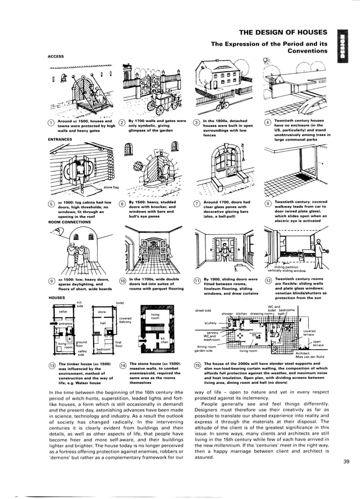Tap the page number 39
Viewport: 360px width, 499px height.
(346, 462)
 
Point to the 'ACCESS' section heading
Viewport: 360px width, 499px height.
(56, 56)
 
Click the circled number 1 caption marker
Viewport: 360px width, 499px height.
(51, 123)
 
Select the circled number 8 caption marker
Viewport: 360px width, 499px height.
(267, 204)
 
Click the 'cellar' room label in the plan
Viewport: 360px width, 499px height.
(63, 312)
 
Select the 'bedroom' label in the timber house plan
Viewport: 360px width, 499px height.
(104, 349)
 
